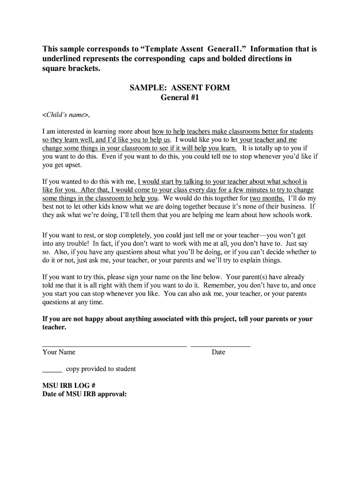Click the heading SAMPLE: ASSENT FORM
tap(180, 88)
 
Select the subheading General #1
tap(180, 98)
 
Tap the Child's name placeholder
tap(65, 115)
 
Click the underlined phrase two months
tap(267, 198)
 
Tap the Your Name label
tap(59, 352)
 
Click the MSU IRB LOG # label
tap(69, 385)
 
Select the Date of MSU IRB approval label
tap(85, 394)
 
